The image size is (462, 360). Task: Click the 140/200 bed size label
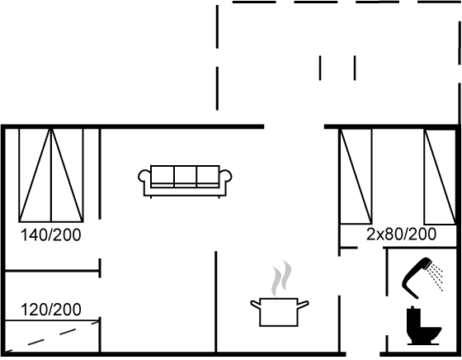[50, 235]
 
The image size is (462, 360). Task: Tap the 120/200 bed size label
[50, 310]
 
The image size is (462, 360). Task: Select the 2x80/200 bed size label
[401, 234]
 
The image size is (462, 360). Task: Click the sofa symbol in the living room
[185, 182]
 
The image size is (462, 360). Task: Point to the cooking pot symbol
[279, 312]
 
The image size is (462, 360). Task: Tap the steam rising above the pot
[281, 278]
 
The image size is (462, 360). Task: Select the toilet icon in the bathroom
[423, 325]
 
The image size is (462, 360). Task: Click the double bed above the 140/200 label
[51, 175]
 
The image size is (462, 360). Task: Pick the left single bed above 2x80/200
[356, 177]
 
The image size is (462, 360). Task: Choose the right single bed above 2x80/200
[440, 177]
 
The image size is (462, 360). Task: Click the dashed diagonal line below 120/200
[52, 337]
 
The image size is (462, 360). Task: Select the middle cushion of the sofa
[185, 176]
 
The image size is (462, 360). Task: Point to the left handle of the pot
[255, 304]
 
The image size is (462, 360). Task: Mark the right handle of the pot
[304, 304]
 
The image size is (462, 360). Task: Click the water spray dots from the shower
[436, 276]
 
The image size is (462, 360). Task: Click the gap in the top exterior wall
[294, 127]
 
